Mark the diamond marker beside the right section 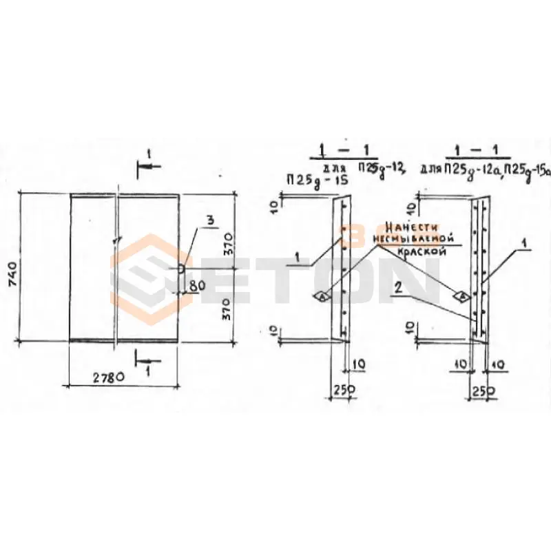(463, 296)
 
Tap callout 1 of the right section (526, 242)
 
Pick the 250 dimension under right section (481, 391)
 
